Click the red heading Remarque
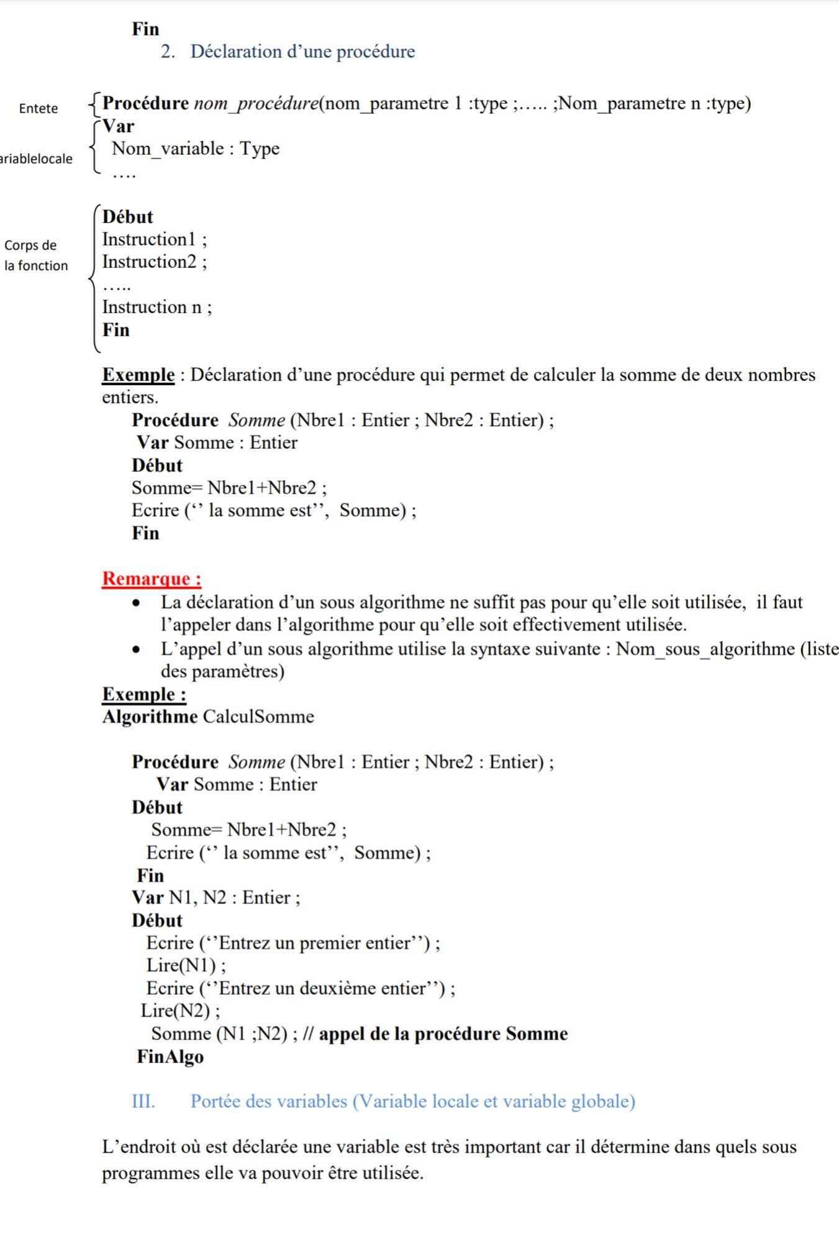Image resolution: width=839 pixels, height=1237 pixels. pos(151,579)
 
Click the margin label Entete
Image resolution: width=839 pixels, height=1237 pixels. pos(39,109)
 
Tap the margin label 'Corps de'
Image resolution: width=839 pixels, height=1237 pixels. pos(30,245)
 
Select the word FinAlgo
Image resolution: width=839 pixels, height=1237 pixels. pos(170,1056)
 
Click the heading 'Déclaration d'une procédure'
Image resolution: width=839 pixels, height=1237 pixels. pos(302,52)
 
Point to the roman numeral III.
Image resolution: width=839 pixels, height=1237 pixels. pos(143,1101)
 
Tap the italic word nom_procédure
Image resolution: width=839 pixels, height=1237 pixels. pos(256,103)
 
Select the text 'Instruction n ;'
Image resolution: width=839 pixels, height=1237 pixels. pos(157,307)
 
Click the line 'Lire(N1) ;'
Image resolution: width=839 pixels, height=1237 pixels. pos(186,966)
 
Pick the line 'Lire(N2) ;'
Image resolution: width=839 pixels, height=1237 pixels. pos(181,1011)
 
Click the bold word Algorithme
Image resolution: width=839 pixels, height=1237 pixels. pos(150,717)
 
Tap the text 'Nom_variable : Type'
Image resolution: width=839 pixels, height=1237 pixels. pos(196,148)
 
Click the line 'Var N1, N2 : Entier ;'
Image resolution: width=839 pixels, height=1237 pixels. pos(216,898)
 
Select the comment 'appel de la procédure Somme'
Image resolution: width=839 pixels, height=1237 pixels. pos(443,1034)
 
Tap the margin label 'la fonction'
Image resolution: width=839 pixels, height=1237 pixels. pos(36,266)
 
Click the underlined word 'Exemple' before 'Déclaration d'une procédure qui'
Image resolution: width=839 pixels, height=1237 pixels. pos(138,375)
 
